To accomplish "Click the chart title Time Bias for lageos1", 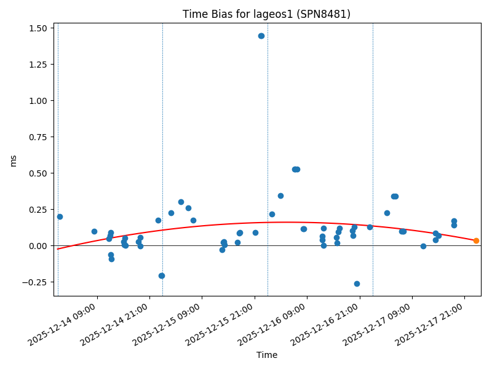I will (x=266, y=14).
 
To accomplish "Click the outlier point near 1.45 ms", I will (x=261, y=36).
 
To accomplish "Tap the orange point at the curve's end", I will (x=476, y=240).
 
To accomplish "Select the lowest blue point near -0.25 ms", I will (x=357, y=284).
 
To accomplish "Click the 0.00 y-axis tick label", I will (x=38, y=246).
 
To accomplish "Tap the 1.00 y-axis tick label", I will (x=38, y=101).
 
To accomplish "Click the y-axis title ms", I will (x=14, y=161).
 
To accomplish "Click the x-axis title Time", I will (x=267, y=355).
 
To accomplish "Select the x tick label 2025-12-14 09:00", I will (x=71, y=323).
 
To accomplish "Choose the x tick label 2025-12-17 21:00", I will (x=438, y=323).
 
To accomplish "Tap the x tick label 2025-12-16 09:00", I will (x=281, y=323).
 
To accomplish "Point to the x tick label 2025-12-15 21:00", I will (x=229, y=323).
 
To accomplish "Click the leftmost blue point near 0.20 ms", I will (x=60, y=216).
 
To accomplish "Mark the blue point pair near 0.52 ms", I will (x=296, y=169).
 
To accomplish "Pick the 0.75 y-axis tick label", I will (x=38, y=137).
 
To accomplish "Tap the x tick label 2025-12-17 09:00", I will (x=386, y=323).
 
